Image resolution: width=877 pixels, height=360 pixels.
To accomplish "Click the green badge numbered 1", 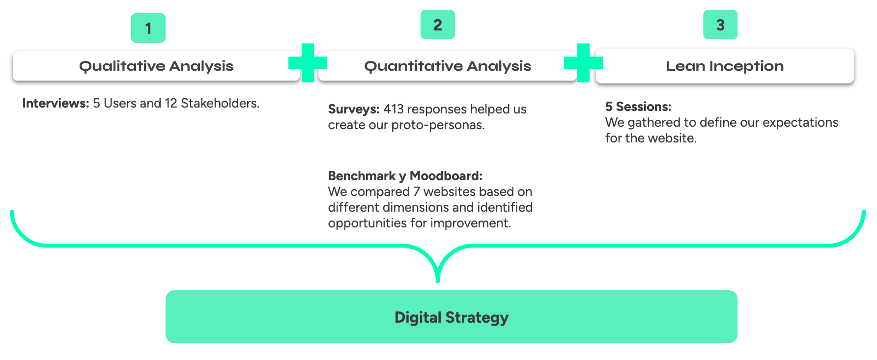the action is (x=148, y=28).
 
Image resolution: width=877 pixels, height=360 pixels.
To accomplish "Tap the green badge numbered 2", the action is (x=438, y=25).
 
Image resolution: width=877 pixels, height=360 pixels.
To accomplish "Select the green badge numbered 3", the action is (x=720, y=25).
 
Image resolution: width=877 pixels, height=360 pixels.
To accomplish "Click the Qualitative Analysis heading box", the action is (x=156, y=66).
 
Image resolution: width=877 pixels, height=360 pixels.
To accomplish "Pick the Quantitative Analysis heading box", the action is (x=448, y=66).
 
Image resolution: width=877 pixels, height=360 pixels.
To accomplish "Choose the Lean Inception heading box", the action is (x=725, y=66).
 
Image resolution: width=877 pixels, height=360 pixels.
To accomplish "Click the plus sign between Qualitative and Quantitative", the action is (x=308, y=63).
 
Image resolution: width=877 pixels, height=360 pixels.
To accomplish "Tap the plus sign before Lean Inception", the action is (x=584, y=63).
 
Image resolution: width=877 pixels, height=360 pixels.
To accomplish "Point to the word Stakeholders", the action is (x=220, y=103).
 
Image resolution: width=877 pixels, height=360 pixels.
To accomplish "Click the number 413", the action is (x=394, y=109).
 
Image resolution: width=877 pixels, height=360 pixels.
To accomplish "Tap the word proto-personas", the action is (x=438, y=125).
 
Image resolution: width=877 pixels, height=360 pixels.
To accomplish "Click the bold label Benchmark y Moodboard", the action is (x=405, y=176).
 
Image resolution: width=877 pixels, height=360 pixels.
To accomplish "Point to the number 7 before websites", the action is (x=417, y=192).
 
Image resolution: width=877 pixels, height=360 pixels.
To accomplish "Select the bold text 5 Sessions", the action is (x=638, y=107).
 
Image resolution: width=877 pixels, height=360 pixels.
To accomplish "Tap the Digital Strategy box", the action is (x=452, y=317).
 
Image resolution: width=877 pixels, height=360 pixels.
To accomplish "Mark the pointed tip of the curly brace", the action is (x=438, y=281).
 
